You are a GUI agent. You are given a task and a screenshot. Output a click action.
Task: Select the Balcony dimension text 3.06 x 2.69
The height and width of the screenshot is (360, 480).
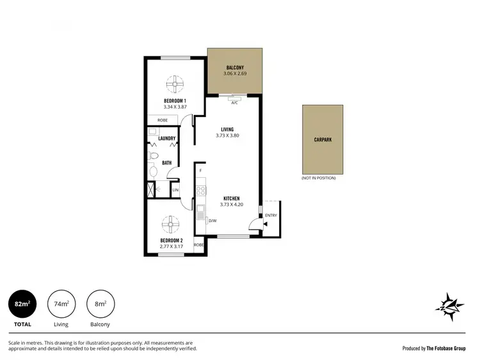[234, 74]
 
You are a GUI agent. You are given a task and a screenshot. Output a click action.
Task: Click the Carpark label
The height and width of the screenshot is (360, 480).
[323, 139]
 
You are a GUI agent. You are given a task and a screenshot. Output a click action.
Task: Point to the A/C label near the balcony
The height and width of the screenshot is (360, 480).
[234, 102]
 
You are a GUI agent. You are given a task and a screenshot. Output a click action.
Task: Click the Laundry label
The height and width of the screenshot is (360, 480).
[167, 138]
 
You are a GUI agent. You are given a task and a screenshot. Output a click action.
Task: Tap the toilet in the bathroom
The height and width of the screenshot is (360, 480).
[154, 156]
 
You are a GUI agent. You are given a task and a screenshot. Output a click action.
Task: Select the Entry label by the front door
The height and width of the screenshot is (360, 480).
[271, 215]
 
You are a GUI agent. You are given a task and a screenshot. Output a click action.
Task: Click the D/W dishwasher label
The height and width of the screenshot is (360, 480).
[212, 221]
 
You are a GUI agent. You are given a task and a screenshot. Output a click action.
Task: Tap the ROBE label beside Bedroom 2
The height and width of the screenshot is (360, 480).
[199, 245]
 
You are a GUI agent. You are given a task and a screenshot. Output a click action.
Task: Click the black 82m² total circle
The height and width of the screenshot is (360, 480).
[22, 304]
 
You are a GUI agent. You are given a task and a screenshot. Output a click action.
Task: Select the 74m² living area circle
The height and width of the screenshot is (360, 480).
[61, 304]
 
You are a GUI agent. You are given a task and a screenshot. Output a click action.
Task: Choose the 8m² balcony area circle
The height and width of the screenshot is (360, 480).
[100, 304]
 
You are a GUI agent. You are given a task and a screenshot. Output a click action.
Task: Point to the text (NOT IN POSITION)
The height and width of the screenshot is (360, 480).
[318, 178]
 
